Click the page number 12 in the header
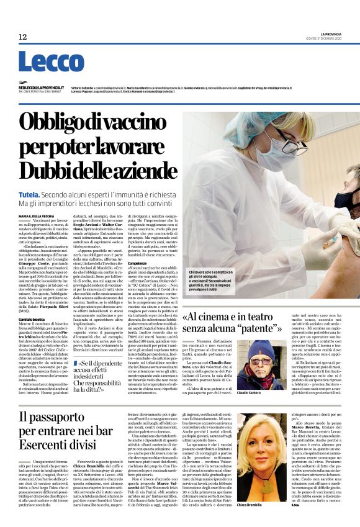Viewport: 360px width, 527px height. [23, 37]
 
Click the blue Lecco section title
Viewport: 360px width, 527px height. [42, 61]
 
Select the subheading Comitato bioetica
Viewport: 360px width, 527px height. [32, 284]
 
